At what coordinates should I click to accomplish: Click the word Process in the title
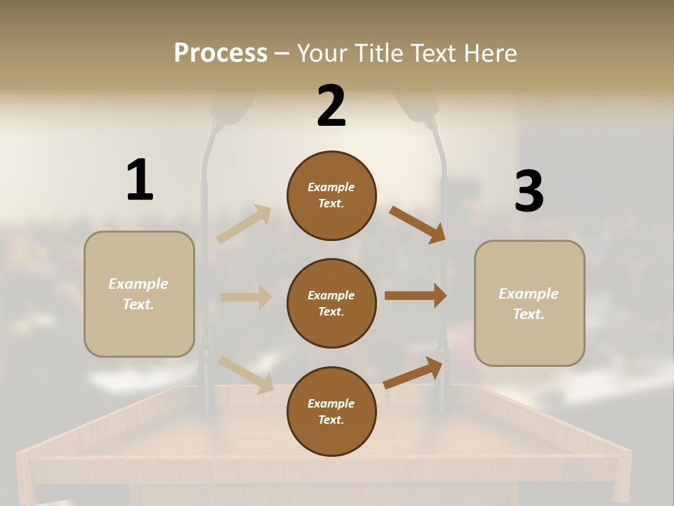coord(220,53)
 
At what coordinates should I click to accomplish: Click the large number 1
coord(140,180)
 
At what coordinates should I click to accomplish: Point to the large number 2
coord(331,106)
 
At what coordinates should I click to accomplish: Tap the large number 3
coord(529,191)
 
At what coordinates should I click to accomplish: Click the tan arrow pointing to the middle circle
coord(246,297)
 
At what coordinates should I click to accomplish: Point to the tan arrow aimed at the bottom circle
coord(246,374)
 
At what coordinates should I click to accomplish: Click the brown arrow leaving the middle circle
coord(416,296)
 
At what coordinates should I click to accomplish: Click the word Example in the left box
coord(138,284)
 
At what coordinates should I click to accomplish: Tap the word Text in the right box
coord(528,314)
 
